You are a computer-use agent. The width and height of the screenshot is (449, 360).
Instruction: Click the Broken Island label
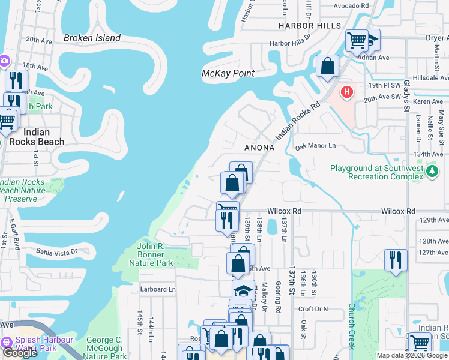tap(92, 38)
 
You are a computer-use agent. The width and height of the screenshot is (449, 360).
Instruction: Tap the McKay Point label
tap(228, 73)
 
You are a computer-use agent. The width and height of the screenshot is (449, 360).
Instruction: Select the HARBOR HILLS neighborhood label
tap(309, 26)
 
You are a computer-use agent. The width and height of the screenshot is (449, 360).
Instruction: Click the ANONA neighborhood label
tap(259, 148)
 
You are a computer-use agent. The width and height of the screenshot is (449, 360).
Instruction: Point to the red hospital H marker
tap(346, 92)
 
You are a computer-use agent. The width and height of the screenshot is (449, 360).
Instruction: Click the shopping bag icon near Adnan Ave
tap(327, 67)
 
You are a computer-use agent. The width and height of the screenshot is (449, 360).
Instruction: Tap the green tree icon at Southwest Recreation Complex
tap(432, 173)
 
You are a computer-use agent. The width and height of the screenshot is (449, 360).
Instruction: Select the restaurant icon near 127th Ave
tap(396, 260)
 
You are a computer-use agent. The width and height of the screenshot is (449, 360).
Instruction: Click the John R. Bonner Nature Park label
tap(155, 254)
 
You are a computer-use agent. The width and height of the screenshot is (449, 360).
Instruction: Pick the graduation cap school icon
tap(243, 290)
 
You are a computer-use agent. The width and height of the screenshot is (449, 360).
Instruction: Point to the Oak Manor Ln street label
tap(315, 146)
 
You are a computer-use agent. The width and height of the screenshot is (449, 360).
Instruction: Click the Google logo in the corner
tap(20, 353)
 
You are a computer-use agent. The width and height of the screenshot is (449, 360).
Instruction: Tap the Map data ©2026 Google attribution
tap(412, 355)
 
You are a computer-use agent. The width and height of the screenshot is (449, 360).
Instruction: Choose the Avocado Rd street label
tap(352, 5)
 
